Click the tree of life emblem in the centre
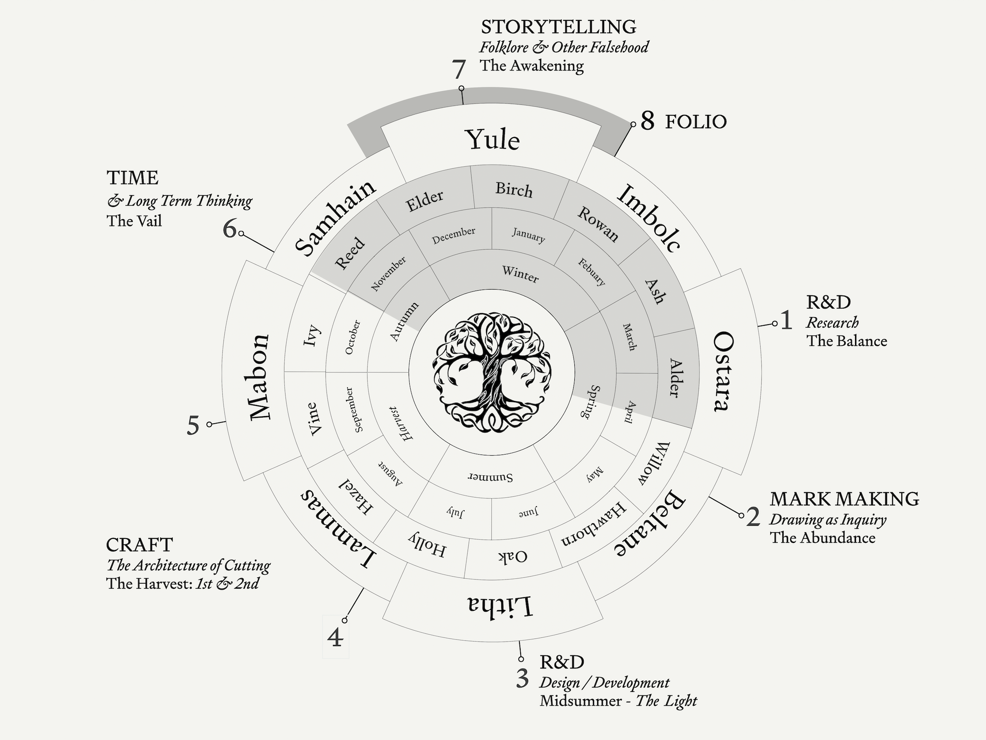[492, 373]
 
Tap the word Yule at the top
[492, 139]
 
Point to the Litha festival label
[499, 606]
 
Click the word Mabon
[260, 377]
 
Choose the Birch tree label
[514, 190]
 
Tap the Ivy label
[311, 335]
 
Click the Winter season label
[520, 274]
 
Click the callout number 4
[335, 638]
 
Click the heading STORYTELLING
[558, 27]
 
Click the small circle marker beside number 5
[209, 424]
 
